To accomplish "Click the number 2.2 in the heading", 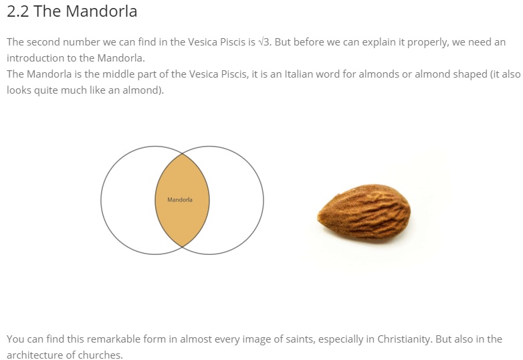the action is click(x=18, y=11).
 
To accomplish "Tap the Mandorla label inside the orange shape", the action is click(x=180, y=199).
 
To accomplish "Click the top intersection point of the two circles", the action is click(x=182, y=154).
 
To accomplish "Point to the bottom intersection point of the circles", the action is click(x=182, y=246).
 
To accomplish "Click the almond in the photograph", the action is click(x=364, y=213).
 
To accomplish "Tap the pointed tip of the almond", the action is click(x=318, y=217).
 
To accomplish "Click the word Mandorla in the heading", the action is click(x=102, y=11).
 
